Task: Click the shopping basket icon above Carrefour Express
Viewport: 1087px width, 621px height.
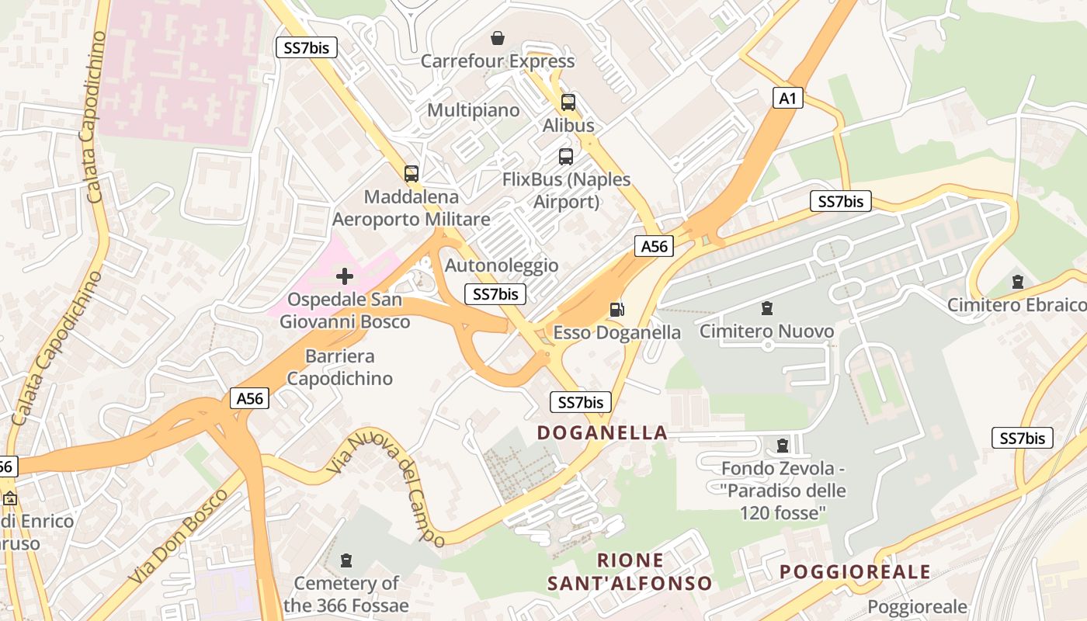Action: [x=498, y=37]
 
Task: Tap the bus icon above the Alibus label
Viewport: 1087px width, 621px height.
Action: [x=568, y=102]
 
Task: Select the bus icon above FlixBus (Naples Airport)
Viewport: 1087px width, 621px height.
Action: [x=566, y=156]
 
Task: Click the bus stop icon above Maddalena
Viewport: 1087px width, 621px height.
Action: [x=412, y=173]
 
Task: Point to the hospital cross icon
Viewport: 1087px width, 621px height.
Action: [x=345, y=276]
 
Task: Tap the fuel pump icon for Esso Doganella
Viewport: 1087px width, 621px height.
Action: [x=616, y=310]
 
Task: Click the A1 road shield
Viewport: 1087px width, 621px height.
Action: [x=788, y=98]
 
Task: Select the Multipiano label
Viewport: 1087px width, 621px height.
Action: [x=474, y=110]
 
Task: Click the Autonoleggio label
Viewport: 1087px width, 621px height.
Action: [x=502, y=265]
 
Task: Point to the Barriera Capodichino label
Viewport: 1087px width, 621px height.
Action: [x=340, y=367]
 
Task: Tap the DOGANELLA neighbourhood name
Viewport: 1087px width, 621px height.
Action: [x=603, y=432]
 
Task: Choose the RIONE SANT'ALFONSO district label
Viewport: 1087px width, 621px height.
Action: [x=630, y=571]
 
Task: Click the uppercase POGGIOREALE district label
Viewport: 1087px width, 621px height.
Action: [x=855, y=572]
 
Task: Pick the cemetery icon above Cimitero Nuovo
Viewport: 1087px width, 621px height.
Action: [x=767, y=308]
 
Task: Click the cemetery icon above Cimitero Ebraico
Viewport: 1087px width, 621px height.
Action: [x=1018, y=281]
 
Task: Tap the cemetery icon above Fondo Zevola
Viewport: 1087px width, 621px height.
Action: [x=783, y=446]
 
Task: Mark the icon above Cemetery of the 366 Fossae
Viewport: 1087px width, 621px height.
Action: [x=346, y=560]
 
